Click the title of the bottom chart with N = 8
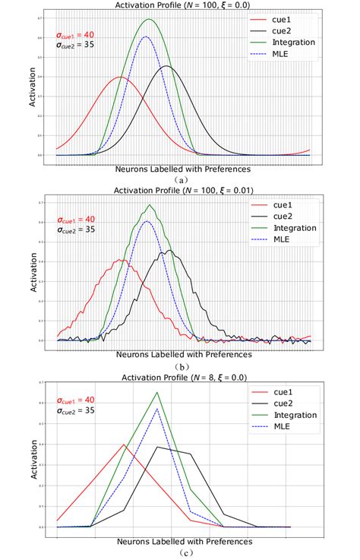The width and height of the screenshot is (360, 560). tap(184, 377)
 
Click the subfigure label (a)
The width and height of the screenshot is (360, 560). tap(181, 179)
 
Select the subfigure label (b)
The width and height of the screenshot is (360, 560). tap(181, 365)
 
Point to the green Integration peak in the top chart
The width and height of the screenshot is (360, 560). tap(149, 20)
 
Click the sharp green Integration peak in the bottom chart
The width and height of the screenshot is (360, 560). tap(157, 393)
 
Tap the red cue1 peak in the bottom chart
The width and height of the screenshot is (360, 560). tap(123, 445)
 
